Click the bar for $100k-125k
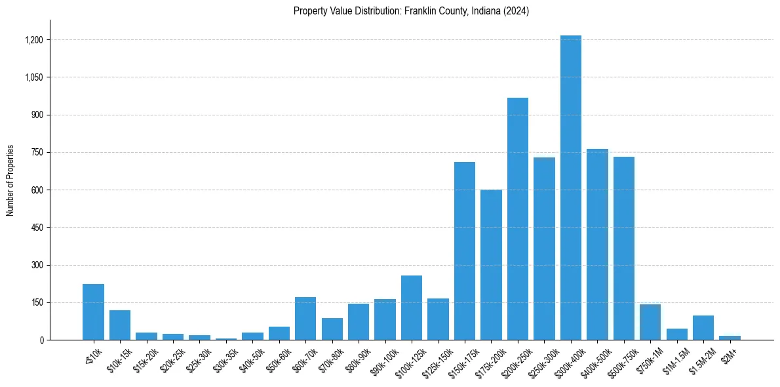[412, 308]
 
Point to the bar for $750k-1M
[650, 322]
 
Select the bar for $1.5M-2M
[703, 328]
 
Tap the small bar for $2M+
[730, 338]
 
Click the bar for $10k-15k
[120, 325]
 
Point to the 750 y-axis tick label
[37, 153]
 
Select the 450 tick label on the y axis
[37, 228]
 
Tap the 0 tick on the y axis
[41, 340]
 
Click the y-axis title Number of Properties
[10, 180]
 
